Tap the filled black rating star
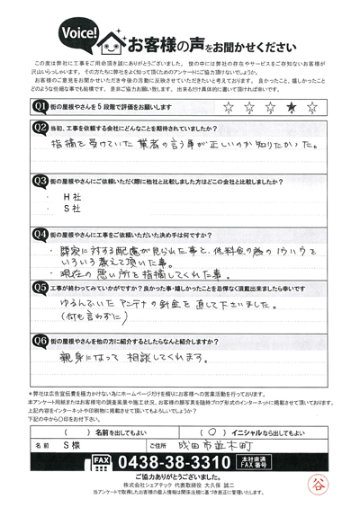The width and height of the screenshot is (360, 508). pyautogui.click(x=290, y=108)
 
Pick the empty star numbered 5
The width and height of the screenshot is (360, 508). pyautogui.click(x=312, y=108)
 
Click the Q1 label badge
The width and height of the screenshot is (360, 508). pyautogui.click(x=40, y=107)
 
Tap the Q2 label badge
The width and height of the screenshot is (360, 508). pyautogui.click(x=40, y=129)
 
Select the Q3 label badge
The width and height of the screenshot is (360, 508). pyautogui.click(x=40, y=180)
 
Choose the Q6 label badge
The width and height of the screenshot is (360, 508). pyautogui.click(x=40, y=342)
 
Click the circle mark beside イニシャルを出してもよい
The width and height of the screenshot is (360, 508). pyautogui.click(x=211, y=430)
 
